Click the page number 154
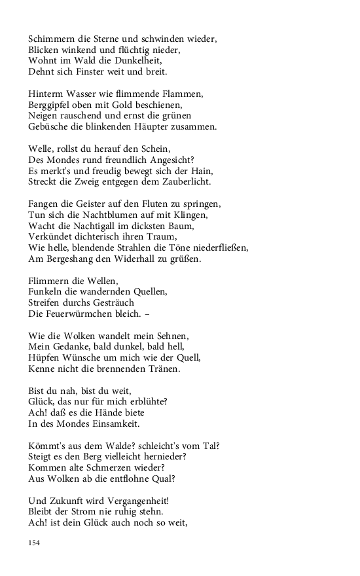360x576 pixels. pos(35,542)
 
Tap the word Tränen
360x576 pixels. pos(161,369)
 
